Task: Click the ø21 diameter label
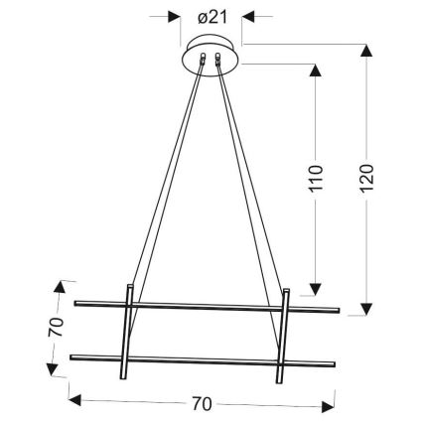point(211,17)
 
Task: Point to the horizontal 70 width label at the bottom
point(202,404)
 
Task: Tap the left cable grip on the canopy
point(203,62)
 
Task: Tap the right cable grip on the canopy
point(218,62)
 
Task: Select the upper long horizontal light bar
point(209,305)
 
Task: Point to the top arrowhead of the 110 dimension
point(316,71)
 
